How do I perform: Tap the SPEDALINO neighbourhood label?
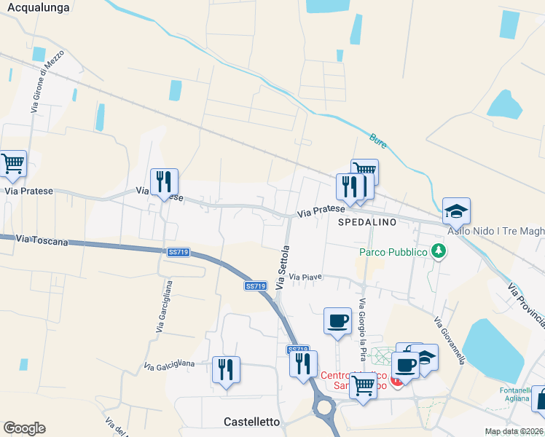366,221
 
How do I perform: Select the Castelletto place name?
251,422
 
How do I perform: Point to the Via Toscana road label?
42,240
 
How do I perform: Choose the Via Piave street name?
305,277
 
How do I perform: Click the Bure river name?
378,138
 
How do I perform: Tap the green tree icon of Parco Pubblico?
439,251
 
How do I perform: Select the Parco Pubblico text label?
393,253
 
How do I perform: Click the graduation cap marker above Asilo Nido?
456,210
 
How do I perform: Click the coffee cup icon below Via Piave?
337,320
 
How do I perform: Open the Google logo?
24,428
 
